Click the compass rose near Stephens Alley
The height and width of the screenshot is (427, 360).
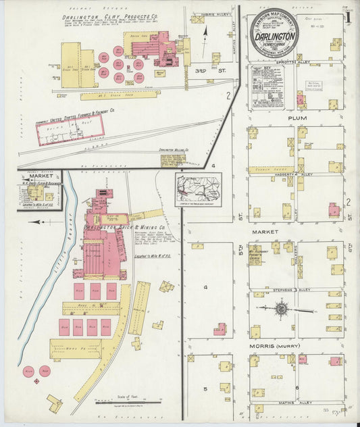[281, 309]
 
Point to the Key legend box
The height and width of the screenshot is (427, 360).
[267, 87]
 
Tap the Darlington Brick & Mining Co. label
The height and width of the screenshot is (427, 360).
[128, 228]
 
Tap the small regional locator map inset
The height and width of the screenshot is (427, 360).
[198, 189]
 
